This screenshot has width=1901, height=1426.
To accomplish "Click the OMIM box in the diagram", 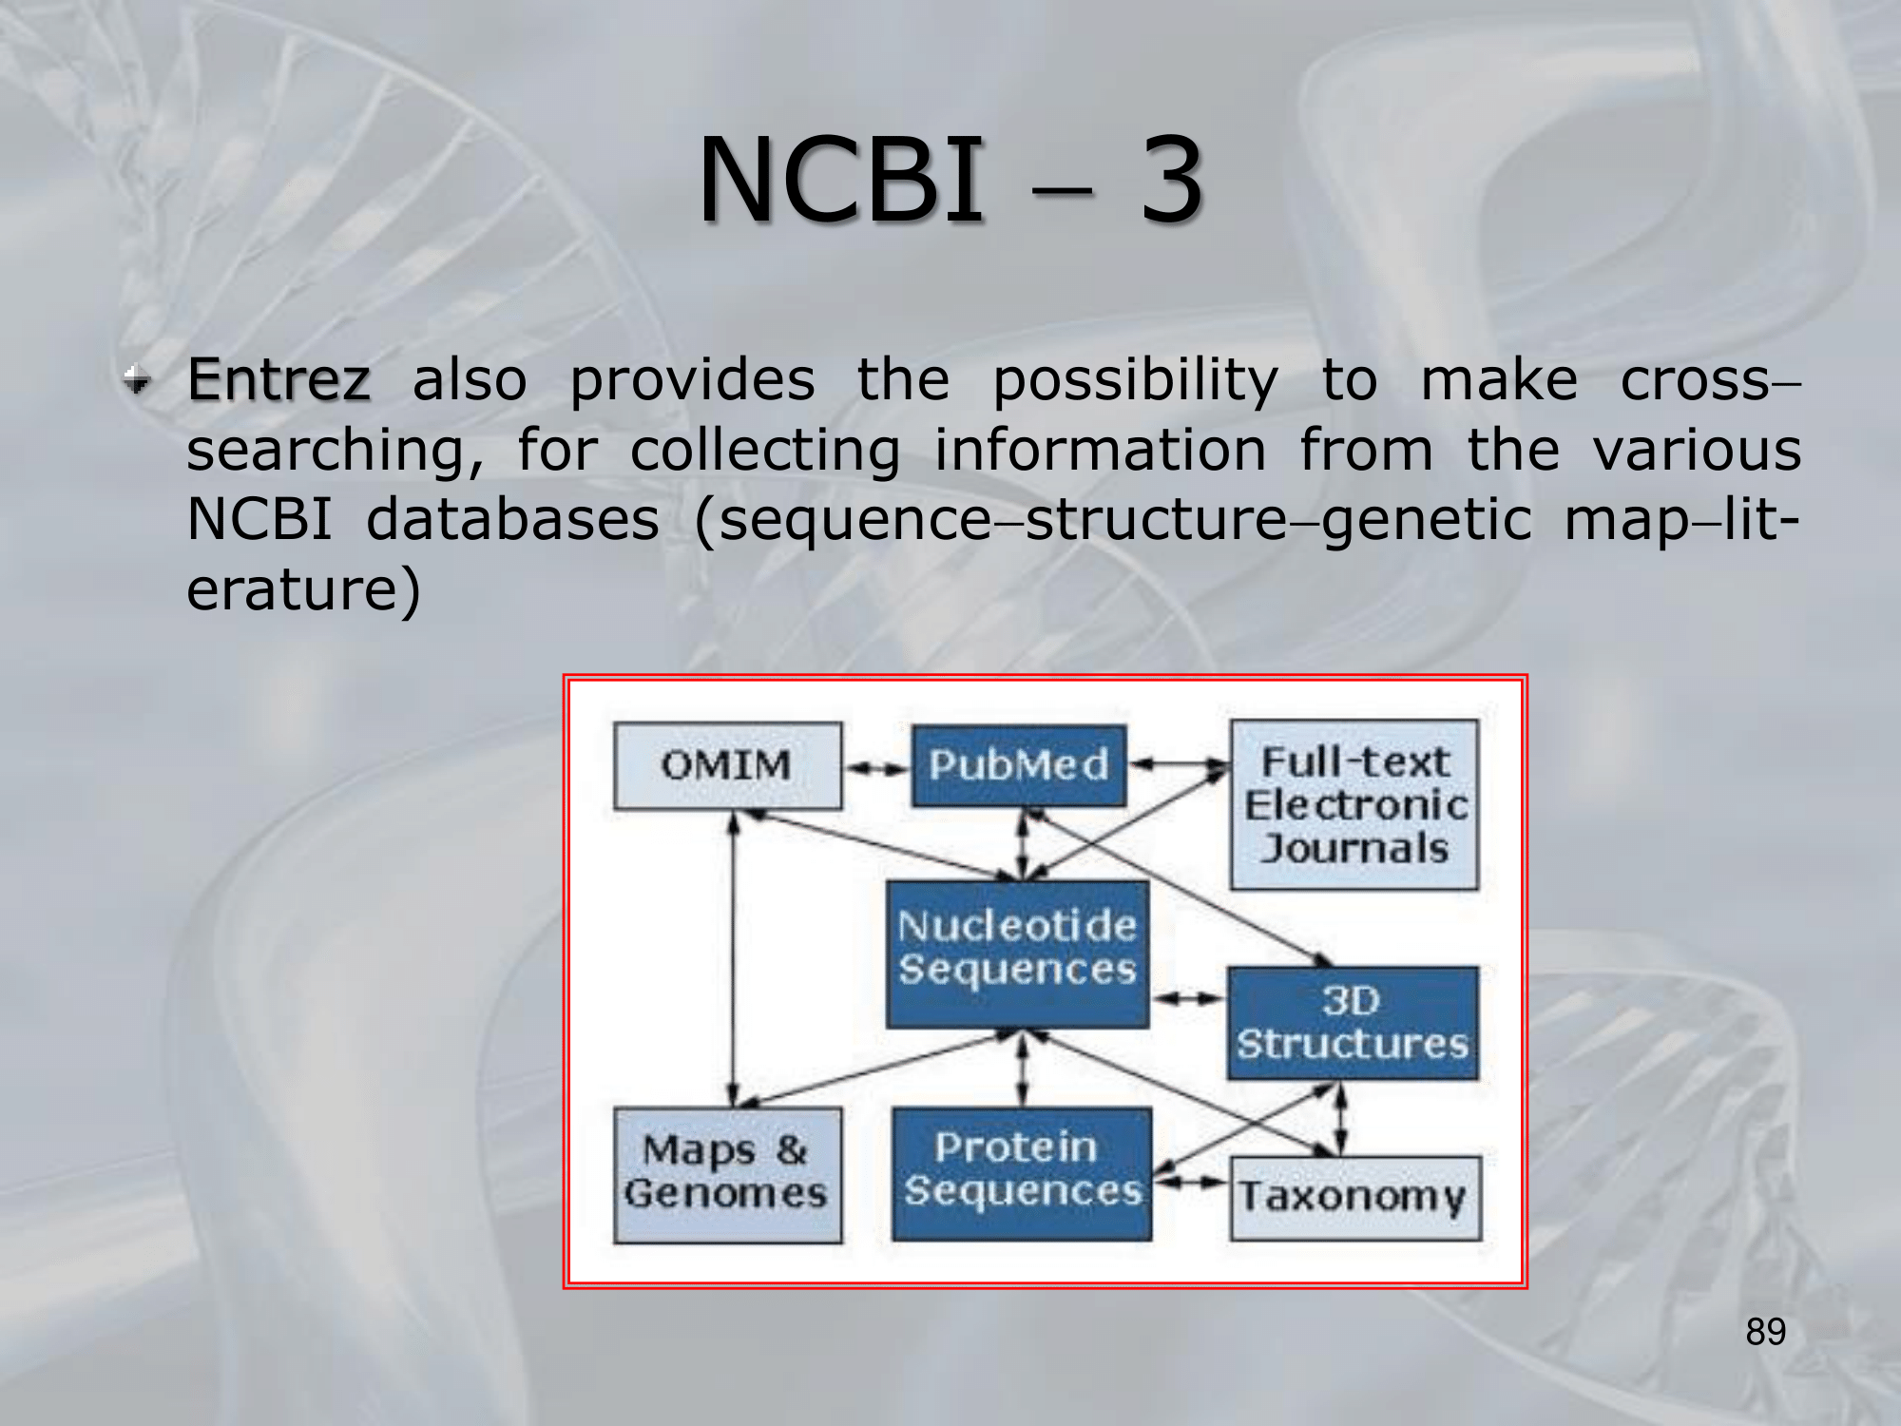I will (727, 765).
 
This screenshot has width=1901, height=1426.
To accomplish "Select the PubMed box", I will (1018, 765).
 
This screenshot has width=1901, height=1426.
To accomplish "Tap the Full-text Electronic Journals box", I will (1354, 804).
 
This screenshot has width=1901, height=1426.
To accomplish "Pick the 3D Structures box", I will (1353, 1023).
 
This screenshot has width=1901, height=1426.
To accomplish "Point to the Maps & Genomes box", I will (727, 1174).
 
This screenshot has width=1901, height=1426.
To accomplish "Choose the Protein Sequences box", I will (1022, 1172).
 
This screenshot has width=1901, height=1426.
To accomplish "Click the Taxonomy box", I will (1354, 1197).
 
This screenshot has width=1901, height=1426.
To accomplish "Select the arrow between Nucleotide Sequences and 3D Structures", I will (1188, 998).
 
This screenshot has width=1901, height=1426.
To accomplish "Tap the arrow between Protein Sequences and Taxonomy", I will (1191, 1182).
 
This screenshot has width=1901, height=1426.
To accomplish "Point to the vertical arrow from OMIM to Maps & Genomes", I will (733, 960).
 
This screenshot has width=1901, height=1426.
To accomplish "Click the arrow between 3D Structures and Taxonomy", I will (1340, 1119).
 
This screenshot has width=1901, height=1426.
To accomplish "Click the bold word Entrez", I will (278, 380).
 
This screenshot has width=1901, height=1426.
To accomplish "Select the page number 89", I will (1765, 1332).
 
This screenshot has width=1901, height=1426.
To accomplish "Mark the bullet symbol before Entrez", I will (138, 381).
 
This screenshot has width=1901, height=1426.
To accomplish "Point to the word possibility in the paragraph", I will (1135, 381).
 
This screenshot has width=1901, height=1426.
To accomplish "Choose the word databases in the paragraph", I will (512, 520).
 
